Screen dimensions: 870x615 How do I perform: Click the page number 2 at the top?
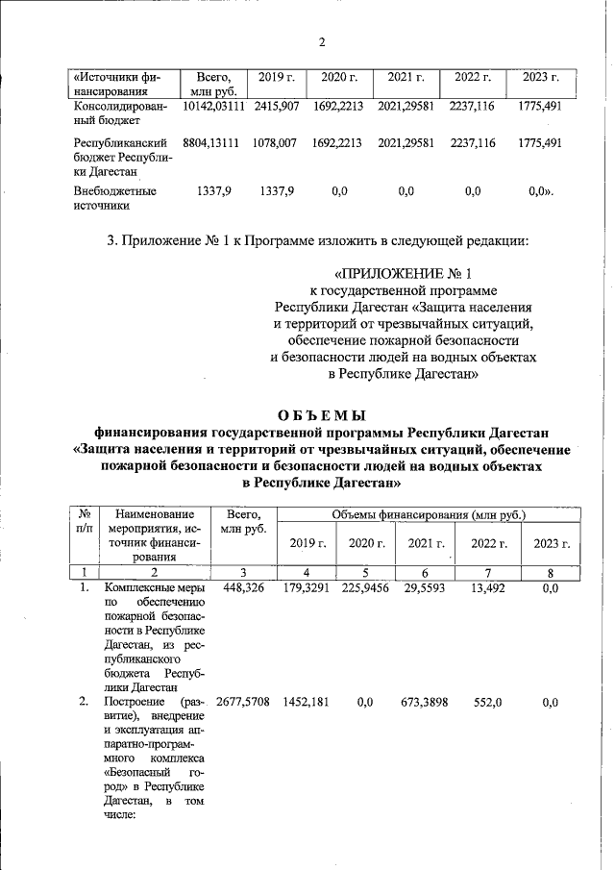tap(322, 42)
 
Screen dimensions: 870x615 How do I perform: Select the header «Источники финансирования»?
tap(118, 84)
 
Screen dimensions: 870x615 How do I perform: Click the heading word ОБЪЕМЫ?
tap(322, 415)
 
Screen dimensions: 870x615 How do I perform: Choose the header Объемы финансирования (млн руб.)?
tap(429, 515)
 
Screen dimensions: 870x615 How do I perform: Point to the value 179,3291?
tap(305, 587)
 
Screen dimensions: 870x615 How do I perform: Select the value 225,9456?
tap(365, 587)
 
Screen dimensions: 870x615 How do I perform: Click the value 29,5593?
tap(425, 587)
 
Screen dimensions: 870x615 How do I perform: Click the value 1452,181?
tap(305, 704)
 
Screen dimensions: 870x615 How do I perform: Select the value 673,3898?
tap(425, 704)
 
